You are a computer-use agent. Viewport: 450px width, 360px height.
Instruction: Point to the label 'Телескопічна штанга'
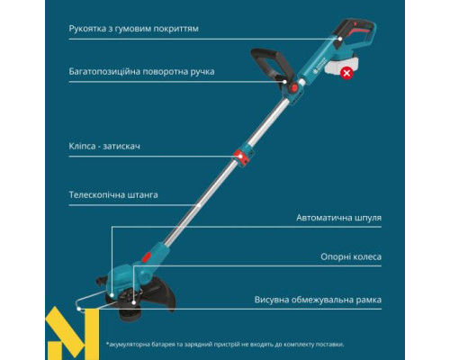(113, 193)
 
